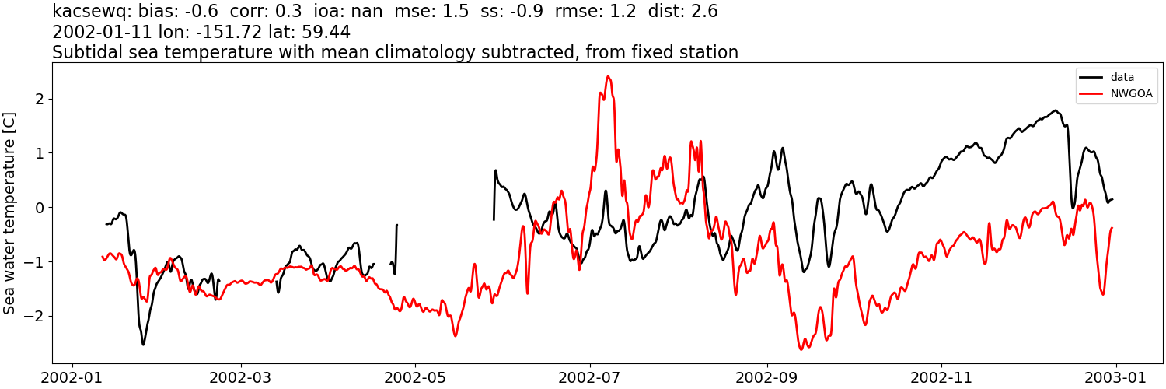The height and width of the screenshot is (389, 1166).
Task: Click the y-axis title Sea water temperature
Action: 9,212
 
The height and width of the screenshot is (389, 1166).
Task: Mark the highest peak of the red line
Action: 608,76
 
